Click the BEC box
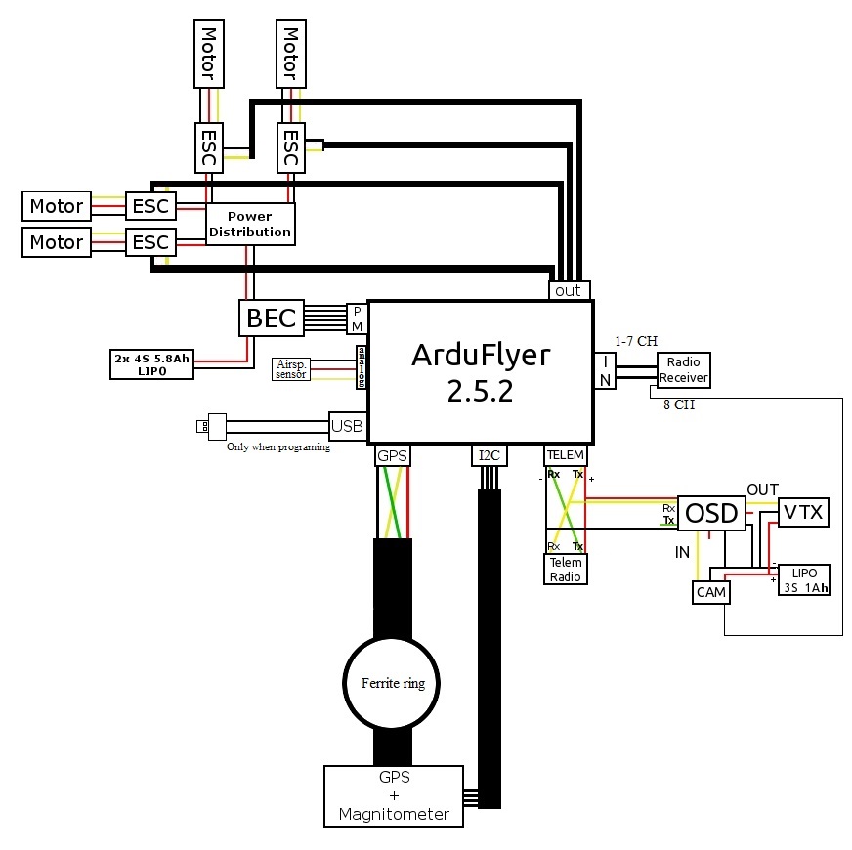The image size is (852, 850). coord(271,319)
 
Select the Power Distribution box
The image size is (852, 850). coord(250,224)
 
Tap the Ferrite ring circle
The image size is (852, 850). coord(385,683)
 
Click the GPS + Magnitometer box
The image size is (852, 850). coord(394,795)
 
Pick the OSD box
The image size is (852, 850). coord(711,512)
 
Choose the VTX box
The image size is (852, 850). coord(803,513)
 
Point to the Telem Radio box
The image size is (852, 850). coord(566,569)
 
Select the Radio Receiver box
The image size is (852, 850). coord(684,369)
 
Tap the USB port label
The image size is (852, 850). coord(347,425)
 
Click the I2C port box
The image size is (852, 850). coord(488,455)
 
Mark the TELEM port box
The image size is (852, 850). coord(565,455)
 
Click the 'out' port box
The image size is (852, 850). coord(567,290)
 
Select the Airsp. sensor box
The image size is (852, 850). coord(291,369)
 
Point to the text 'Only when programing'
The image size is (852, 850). coord(279,447)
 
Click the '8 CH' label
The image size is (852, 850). coord(677,404)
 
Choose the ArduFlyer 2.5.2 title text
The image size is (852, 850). coord(479,371)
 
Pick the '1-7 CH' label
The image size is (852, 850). coord(636,341)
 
